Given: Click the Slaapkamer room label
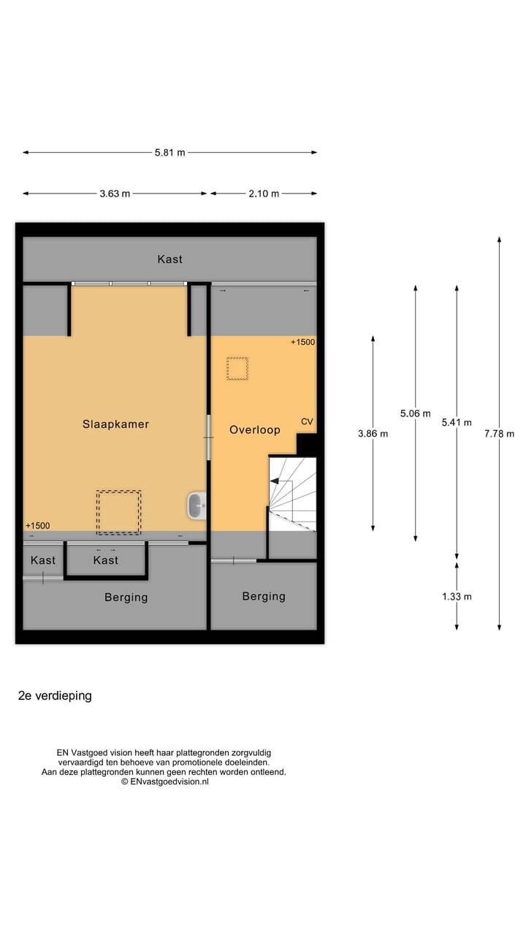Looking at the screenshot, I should [x=115, y=424].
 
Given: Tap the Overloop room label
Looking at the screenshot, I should [x=254, y=430].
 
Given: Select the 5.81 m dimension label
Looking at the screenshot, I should [x=169, y=153].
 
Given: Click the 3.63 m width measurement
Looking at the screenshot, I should [x=115, y=194].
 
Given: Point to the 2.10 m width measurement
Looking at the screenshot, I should [x=264, y=194].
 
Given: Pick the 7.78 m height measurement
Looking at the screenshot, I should [x=499, y=433].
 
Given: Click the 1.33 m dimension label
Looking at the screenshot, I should [x=457, y=596].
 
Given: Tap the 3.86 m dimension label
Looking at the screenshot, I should [x=373, y=433].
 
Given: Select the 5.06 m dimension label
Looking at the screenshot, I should [x=415, y=413].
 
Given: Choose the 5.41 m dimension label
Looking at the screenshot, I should [x=457, y=422].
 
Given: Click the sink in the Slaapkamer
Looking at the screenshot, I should [x=196, y=505].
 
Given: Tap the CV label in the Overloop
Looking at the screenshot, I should [x=307, y=421].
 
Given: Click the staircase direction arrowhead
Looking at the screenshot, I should [x=275, y=481].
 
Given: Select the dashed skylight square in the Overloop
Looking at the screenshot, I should [x=237, y=368].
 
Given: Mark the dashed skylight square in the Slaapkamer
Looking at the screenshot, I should [x=118, y=512].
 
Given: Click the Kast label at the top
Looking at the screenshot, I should [x=169, y=259].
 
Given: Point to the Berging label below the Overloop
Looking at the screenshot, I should [x=264, y=596].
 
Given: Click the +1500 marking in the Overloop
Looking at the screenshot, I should [x=302, y=342].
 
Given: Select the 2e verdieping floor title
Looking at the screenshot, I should [x=55, y=695].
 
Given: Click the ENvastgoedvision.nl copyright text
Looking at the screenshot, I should [x=164, y=781].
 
